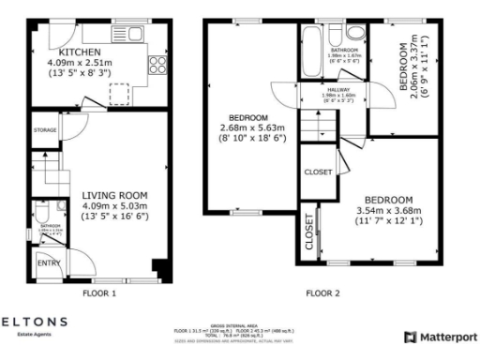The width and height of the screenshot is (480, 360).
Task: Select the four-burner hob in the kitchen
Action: pyautogui.click(x=154, y=66)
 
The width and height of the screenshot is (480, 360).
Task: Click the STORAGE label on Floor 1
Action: pyautogui.click(x=45, y=129)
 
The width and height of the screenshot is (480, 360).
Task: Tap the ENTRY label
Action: pyautogui.click(x=47, y=263)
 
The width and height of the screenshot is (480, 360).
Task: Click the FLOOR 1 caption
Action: pyautogui.click(x=99, y=293)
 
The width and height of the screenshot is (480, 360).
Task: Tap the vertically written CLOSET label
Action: pyautogui.click(x=308, y=233)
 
